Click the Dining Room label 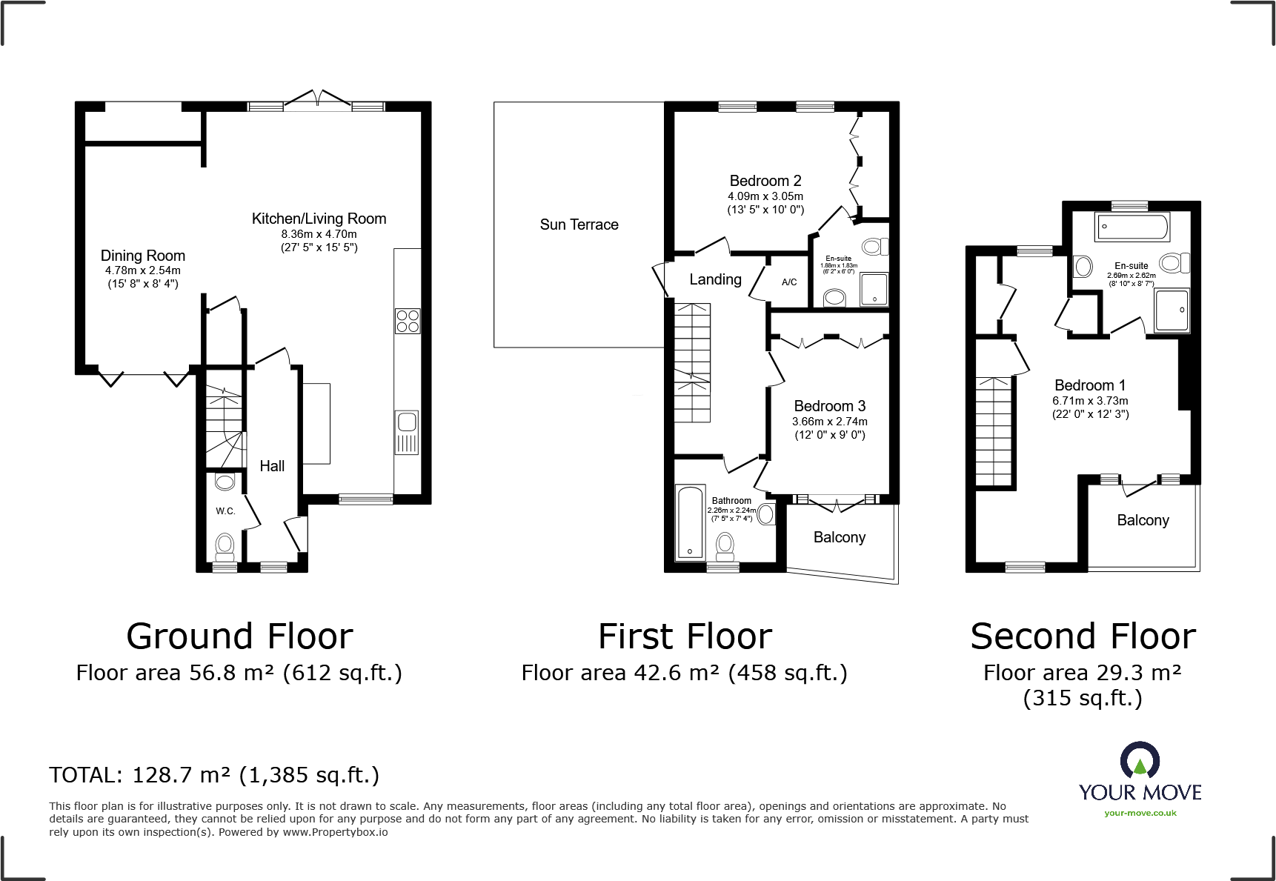coord(142,256)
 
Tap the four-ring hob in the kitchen coord(408,321)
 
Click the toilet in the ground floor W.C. coord(225,547)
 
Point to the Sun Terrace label coord(579,225)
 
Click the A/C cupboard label coord(789,282)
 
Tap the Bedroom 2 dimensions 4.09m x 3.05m coord(765,196)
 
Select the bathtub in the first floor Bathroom coord(691,522)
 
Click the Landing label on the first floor coord(715,279)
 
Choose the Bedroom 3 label coord(829,406)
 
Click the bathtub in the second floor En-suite coord(1132,227)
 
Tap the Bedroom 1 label coord(1089,385)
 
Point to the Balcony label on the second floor coord(1143,520)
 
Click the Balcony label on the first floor coord(839,537)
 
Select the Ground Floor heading coord(239,636)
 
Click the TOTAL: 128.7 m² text coord(214,775)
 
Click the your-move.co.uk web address coord(1140,813)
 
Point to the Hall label coord(272,466)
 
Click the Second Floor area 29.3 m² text coord(1082,673)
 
